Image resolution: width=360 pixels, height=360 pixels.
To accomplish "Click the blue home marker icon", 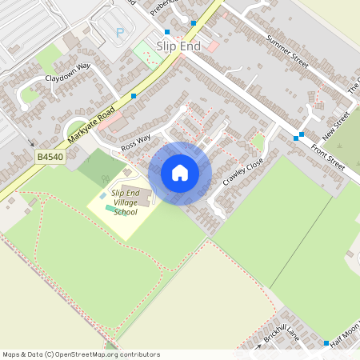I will pyautogui.click(x=180, y=173).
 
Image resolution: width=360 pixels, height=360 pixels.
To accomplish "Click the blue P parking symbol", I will pyautogui.click(x=121, y=33).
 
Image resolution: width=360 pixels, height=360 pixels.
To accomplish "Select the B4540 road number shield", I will pyautogui.click(x=50, y=158).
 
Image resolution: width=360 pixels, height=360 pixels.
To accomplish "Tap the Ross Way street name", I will pyautogui.click(x=136, y=143).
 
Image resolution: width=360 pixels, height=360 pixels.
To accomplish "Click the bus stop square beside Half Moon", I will pyautogui.click(x=326, y=343).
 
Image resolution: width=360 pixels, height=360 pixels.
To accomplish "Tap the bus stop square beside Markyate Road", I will pyautogui.click(x=134, y=96).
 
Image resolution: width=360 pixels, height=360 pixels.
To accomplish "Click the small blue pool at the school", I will pyautogui.click(x=102, y=196).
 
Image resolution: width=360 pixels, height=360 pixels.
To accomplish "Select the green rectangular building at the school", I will pyautogui.click(x=110, y=208).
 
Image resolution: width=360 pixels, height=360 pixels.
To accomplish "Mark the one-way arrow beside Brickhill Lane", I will pyautogui.click(x=259, y=347).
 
